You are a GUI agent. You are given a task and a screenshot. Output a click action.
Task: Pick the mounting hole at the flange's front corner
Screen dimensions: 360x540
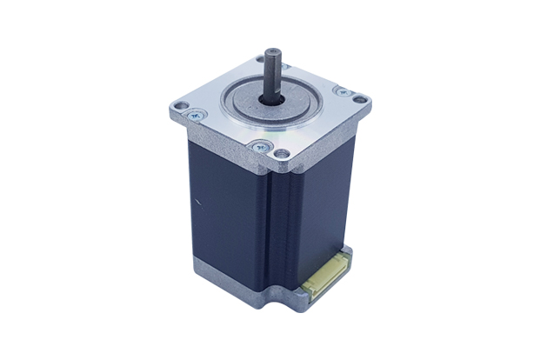(282, 154)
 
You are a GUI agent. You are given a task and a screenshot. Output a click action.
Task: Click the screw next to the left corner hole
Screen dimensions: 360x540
(196, 113)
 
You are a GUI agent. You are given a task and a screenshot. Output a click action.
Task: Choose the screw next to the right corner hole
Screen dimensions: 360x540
(342, 90)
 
